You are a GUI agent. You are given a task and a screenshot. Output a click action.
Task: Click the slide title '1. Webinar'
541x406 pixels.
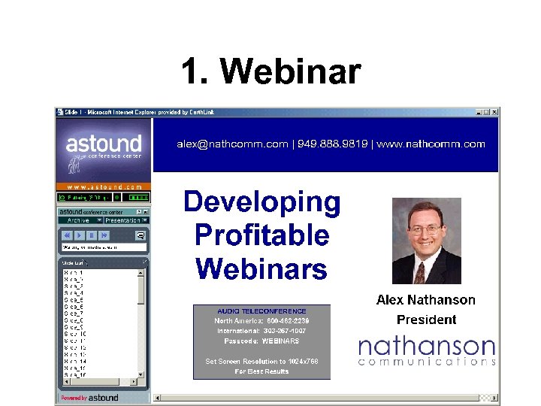point(270,72)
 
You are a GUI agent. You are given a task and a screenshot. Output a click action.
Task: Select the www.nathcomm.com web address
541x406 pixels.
point(431,144)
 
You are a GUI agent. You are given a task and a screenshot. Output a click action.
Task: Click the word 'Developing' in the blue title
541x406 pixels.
point(261,202)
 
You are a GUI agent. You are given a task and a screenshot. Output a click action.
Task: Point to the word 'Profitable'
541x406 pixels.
point(261,235)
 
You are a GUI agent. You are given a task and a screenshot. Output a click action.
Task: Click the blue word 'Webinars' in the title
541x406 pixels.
point(261,268)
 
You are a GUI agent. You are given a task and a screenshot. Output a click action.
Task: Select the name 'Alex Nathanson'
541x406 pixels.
point(425,300)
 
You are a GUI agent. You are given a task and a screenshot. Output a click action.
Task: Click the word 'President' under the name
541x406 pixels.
point(426,320)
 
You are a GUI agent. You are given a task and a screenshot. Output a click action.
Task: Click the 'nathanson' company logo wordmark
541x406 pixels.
point(426,347)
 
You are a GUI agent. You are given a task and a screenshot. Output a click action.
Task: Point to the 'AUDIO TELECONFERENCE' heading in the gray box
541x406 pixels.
point(261,311)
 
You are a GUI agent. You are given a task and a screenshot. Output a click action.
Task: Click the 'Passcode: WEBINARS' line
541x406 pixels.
point(261,341)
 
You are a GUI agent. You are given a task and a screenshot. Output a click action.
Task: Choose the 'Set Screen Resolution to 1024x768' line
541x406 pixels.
point(261,361)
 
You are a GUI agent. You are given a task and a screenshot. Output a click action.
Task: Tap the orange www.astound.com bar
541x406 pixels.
point(104,186)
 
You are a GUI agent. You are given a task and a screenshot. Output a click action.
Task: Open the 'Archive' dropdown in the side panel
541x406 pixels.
point(79,220)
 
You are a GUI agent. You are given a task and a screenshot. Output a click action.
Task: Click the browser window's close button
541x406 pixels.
point(495,112)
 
